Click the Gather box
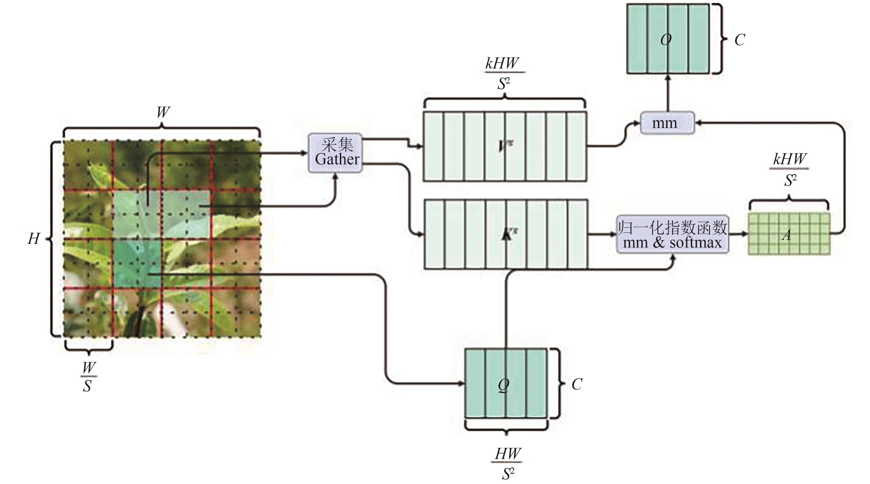pos(335,153)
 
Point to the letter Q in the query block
pos(504,385)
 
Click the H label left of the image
pos(34,239)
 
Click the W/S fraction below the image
pos(88,377)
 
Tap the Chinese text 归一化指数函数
pos(672,228)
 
